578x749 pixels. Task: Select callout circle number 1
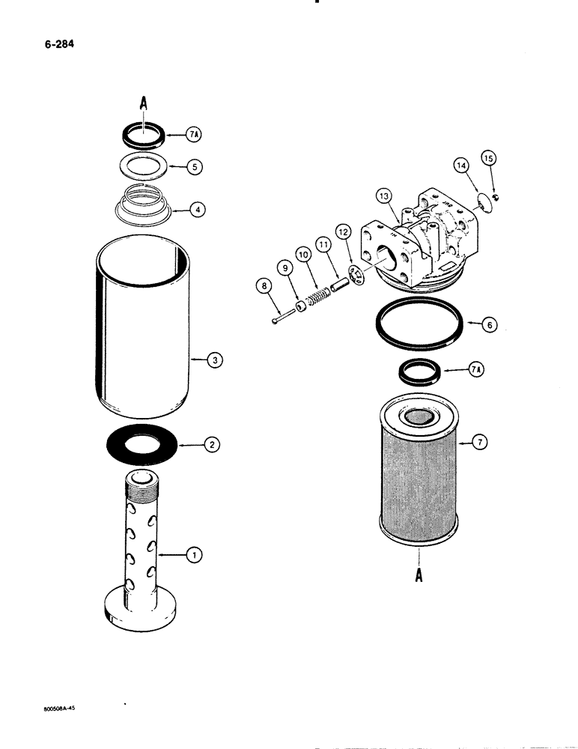click(x=193, y=555)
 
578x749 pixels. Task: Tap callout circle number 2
click(x=213, y=444)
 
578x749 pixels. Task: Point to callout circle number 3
click(x=214, y=361)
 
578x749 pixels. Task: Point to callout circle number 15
click(x=489, y=158)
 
